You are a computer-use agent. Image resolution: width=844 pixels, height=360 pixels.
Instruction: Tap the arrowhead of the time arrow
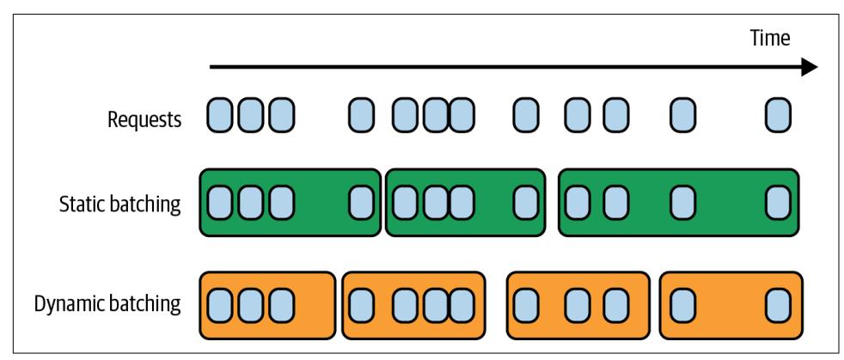coord(808,67)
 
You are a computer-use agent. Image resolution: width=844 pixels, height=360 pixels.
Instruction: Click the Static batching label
coord(119,204)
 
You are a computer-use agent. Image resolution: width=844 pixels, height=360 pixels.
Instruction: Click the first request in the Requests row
coord(220,114)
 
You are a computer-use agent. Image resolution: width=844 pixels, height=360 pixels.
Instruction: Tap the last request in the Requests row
coord(777,114)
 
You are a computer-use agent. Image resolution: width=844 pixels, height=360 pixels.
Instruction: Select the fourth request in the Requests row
coord(361,114)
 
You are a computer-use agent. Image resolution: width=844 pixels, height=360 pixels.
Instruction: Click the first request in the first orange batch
coord(220,305)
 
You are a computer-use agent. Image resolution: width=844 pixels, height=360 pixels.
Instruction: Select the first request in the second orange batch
coord(361,305)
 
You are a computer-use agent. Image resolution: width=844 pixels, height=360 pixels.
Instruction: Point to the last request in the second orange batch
coord(462,305)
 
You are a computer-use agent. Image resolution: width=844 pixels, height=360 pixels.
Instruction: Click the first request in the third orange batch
coord(525,305)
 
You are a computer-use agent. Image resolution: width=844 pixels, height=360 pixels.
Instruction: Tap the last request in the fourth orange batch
coord(777,305)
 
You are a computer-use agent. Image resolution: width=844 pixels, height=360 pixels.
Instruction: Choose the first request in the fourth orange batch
coord(682,305)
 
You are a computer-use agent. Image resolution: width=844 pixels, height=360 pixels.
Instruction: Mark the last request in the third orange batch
coord(615,305)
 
